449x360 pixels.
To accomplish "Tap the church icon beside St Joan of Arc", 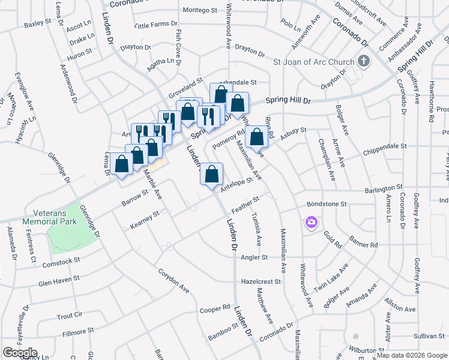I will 363,61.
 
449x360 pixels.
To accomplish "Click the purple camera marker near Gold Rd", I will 311,223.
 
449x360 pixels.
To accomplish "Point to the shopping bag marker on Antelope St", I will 211,175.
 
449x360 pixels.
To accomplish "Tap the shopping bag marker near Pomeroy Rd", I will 256,137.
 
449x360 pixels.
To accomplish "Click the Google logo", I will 19,353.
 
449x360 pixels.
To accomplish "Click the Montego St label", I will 199,10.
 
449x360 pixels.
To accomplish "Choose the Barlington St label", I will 382,190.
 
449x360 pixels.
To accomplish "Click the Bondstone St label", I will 327,204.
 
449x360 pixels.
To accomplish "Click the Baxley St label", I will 38,25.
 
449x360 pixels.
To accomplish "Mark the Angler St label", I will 253,257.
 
